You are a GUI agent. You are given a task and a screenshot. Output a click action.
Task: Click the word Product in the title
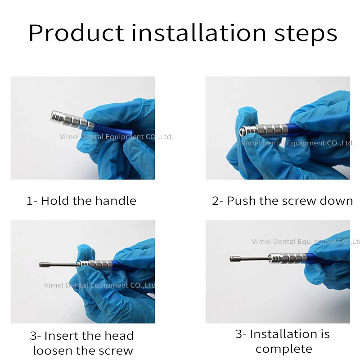[76, 33]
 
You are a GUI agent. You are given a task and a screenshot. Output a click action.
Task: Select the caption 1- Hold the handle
[81, 201]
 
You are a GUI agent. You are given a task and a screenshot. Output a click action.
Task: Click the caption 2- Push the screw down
[282, 201]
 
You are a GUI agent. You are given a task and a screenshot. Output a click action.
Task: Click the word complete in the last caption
[283, 349]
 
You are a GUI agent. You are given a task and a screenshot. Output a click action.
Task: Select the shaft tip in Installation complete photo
[234, 259]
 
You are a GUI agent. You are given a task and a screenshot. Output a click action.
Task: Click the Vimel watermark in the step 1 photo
[116, 137]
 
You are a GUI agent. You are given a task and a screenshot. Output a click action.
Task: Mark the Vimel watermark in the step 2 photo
[297, 143]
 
